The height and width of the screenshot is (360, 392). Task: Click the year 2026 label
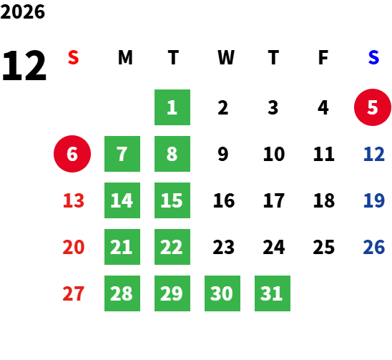pyautogui.click(x=22, y=11)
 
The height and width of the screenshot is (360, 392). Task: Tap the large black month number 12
pyautogui.click(x=24, y=66)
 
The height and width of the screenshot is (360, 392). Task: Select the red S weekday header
pyautogui.click(x=73, y=57)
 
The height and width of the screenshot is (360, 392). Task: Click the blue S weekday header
pyautogui.click(x=373, y=57)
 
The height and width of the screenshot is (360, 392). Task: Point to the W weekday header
pyautogui.click(x=226, y=57)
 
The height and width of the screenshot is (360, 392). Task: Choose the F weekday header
pyautogui.click(x=323, y=57)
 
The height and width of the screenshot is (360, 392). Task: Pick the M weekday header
pyautogui.click(x=125, y=57)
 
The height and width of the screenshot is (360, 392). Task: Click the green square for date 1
pyautogui.click(x=172, y=107)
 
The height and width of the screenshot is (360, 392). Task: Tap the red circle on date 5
pyautogui.click(x=373, y=107)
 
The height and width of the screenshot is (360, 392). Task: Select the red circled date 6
pyautogui.click(x=72, y=154)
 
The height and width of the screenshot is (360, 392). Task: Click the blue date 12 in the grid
pyautogui.click(x=373, y=154)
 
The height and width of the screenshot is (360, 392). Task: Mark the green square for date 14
pyautogui.click(x=122, y=200)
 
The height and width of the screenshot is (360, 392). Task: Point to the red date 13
pyautogui.click(x=74, y=200)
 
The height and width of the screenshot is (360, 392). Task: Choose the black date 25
pyautogui.click(x=324, y=247)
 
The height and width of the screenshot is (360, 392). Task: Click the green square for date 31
pyautogui.click(x=273, y=293)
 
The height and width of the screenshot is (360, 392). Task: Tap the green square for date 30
pyautogui.click(x=222, y=293)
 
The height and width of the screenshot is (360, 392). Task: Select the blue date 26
pyautogui.click(x=373, y=247)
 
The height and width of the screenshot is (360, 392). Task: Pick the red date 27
pyautogui.click(x=73, y=293)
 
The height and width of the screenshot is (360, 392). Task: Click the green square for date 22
pyautogui.click(x=172, y=247)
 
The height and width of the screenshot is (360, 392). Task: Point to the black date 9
pyautogui.click(x=223, y=154)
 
